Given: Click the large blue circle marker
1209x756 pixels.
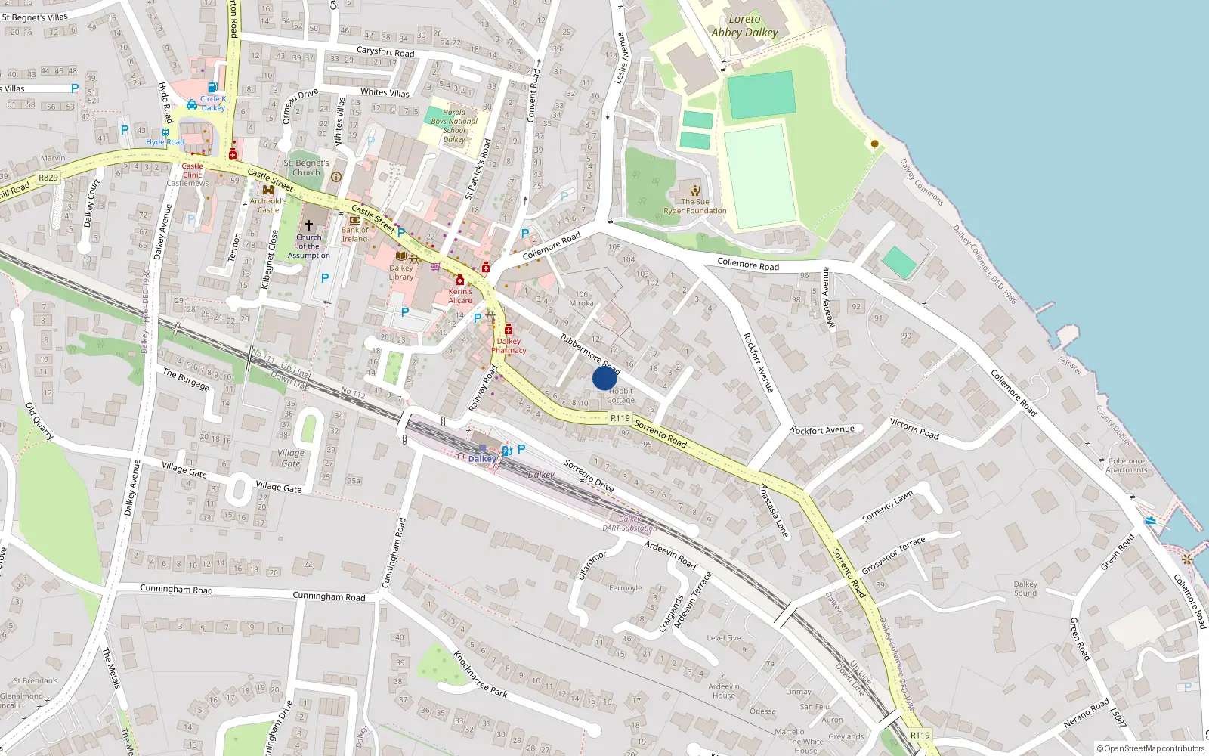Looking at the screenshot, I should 604,377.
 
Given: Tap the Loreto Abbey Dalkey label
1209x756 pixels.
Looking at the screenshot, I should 744,26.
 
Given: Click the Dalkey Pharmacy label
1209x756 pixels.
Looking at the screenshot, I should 509,345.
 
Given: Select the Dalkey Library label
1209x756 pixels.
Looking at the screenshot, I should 401,272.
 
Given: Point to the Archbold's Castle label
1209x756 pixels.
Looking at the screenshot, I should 268,205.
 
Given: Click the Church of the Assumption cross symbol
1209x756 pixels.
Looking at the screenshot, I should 308,225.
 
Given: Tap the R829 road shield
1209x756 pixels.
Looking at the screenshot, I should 48,178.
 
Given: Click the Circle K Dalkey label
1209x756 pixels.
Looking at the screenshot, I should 212,104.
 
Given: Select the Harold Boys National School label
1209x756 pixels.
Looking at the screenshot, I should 454,125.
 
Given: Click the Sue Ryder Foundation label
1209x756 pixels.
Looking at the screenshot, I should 694,206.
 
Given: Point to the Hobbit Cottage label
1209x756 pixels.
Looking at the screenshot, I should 621,395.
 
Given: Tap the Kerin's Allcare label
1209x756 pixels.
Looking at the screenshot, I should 460,296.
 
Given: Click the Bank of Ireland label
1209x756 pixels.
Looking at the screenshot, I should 354,234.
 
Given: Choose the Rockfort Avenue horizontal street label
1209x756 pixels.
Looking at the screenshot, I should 822,430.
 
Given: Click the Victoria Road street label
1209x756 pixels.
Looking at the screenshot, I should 914,429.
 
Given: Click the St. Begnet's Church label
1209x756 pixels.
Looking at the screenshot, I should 306,167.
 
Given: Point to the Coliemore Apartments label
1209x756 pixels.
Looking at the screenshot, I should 1127,465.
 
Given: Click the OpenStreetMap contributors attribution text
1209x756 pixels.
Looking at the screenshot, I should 1151,748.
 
